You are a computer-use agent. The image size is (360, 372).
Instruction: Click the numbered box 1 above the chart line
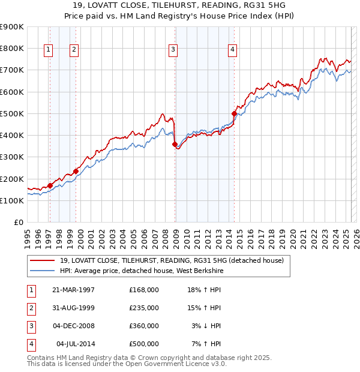tap(47, 50)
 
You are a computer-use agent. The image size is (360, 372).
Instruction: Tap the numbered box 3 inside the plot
tap(172, 50)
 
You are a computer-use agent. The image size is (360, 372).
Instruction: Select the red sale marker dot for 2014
tap(234, 113)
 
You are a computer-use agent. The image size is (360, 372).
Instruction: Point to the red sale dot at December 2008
tap(175, 144)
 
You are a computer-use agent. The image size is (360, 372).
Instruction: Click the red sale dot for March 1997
tap(50, 185)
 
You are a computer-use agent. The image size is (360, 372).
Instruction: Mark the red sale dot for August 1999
tap(76, 171)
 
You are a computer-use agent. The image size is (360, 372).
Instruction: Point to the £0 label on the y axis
tap(18, 222)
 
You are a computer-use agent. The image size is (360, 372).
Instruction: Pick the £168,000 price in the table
tap(144, 290)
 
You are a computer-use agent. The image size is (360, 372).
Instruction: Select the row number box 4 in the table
tap(30, 344)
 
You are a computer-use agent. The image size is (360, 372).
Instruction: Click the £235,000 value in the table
tap(144, 308)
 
